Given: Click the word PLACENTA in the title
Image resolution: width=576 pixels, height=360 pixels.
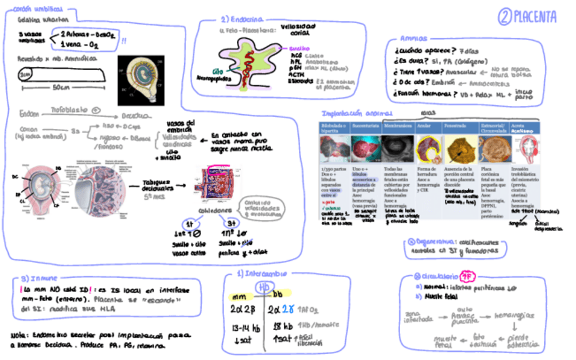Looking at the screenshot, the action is point(535,16).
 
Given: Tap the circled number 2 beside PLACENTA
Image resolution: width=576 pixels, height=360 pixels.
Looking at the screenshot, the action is point(504,16).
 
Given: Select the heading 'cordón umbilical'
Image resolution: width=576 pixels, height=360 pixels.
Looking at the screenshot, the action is point(33,10).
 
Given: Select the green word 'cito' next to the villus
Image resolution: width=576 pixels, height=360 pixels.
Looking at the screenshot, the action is point(217,70).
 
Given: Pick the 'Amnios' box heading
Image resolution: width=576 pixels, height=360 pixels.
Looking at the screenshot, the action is point(414,39).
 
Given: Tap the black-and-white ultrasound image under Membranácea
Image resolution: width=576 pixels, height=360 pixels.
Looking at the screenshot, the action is point(397,149).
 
